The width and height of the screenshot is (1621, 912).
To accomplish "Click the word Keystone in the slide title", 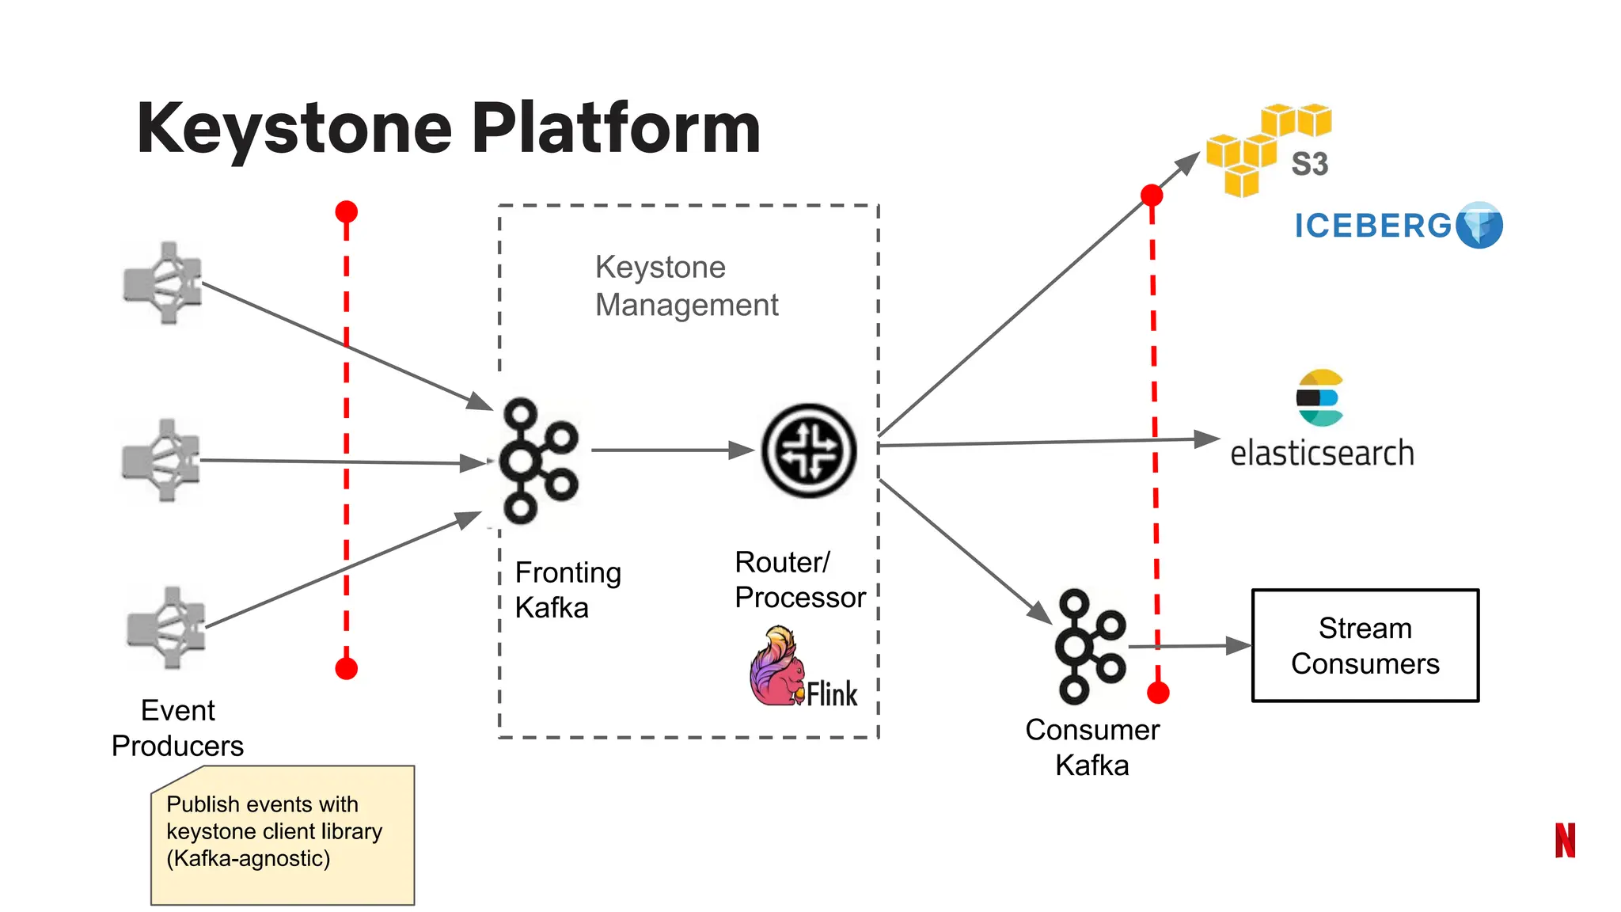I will (294, 128).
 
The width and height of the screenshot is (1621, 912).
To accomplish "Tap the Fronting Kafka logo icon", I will (538, 461).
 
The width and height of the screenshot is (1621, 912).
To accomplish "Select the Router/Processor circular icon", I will (808, 450).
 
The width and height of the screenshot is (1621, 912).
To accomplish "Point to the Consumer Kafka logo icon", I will (1089, 646).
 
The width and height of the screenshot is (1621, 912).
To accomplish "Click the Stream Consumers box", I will (1365, 645).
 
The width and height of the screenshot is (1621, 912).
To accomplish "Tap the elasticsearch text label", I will (1321, 454).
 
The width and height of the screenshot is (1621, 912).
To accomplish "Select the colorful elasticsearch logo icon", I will (1319, 397).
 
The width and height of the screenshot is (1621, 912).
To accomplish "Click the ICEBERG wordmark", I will (1373, 226).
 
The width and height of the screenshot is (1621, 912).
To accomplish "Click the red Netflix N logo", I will (1565, 840).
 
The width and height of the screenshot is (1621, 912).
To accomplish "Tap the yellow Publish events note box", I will (283, 835).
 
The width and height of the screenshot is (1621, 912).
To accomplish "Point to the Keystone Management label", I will (686, 286).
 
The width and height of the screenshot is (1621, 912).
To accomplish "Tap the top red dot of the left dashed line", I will (346, 212).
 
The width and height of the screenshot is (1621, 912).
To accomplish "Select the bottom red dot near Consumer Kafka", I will (1158, 693).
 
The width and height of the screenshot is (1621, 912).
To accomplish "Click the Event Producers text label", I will (177, 728).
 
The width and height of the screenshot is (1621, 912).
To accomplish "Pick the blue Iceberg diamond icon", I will (1479, 226).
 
